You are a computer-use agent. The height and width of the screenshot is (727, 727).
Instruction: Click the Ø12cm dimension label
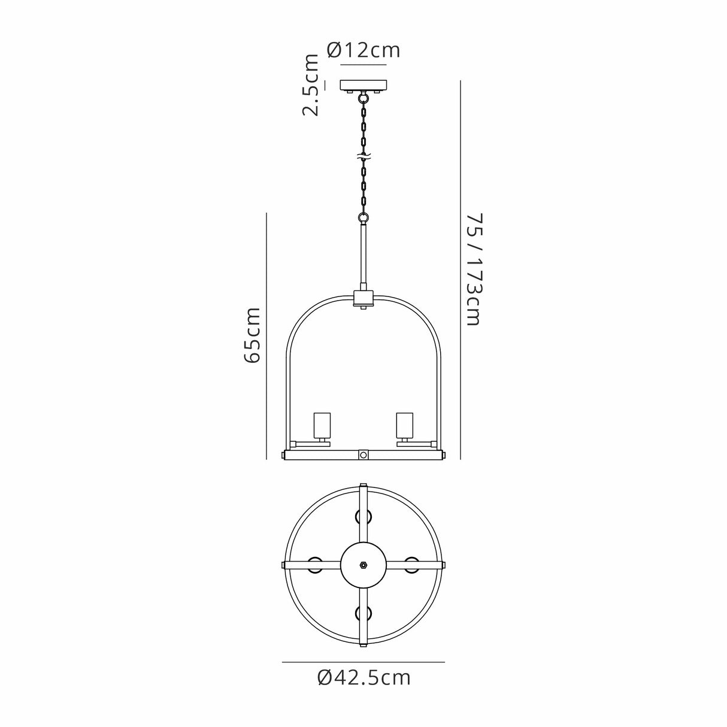coord(363,50)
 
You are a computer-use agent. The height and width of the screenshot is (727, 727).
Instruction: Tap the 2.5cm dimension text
coord(311,84)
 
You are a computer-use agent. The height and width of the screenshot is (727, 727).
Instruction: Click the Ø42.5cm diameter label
coord(363,678)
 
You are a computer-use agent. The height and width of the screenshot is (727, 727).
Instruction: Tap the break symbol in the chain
coord(363,158)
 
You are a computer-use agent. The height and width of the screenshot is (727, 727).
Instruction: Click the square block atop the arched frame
coord(363,298)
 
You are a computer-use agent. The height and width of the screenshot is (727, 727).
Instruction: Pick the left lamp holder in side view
coord(323,425)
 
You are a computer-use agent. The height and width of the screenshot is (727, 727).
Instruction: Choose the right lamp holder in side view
coord(404,425)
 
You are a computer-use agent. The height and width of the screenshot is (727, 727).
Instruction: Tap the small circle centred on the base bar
coord(363,455)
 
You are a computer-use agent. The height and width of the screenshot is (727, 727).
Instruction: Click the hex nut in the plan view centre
coord(363,565)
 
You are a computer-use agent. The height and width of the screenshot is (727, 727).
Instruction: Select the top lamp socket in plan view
coord(363,516)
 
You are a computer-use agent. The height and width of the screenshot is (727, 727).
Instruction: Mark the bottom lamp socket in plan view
coord(363,613)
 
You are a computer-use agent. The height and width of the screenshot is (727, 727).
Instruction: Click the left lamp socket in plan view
coord(315,565)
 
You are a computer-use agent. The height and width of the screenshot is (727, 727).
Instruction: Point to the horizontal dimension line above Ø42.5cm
coord(363,662)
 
